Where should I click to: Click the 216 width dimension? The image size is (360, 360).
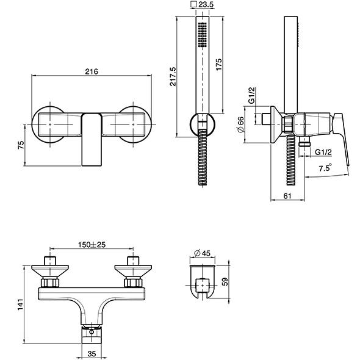tap(92, 71)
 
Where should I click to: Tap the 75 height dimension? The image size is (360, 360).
tap(21, 145)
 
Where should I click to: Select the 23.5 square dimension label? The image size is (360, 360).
tap(206, 4)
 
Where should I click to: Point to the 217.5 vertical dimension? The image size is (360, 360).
tap(173, 76)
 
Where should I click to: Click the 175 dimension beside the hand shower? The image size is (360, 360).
tap(219, 65)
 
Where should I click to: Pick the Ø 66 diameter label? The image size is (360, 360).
tap(240, 124)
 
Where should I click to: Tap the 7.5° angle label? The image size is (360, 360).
tap(325, 168)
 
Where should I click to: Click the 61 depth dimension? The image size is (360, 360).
tap(287, 196)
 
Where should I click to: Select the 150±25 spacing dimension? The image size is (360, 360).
tap(92, 245)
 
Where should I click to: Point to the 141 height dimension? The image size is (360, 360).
tap(21, 304)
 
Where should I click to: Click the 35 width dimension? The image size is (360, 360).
tap(92, 354)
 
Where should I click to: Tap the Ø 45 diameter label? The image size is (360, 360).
tap(202, 253)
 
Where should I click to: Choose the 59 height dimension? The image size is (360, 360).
tap(226, 281)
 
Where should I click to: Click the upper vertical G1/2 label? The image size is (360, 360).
tap(252, 95)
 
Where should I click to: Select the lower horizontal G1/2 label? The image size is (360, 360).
tap(323, 152)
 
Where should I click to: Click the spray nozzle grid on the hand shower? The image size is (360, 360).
tap(202, 34)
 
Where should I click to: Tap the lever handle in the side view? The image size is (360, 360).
tap(342, 139)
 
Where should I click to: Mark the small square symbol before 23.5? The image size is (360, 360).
tap(194, 4)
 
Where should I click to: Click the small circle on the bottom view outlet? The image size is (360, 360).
tap(92, 332)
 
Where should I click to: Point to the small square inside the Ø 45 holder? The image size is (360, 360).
tap(202, 286)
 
